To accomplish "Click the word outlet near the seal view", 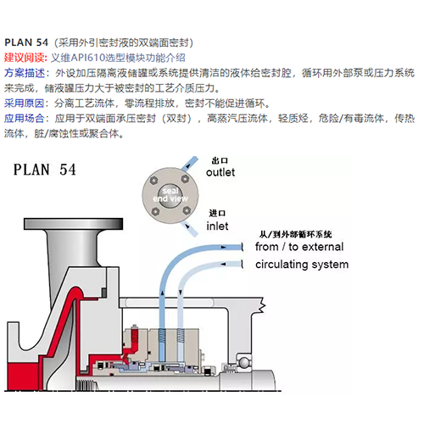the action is [220, 172].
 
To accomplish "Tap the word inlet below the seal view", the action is [217, 226].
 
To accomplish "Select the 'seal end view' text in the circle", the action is [170, 195].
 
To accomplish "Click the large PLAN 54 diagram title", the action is [45, 170].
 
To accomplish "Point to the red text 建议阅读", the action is [25, 58].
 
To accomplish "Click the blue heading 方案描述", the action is [25, 73].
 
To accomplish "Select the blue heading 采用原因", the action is [24, 103].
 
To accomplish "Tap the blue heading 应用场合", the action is [24, 118].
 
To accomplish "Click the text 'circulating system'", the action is [302, 265].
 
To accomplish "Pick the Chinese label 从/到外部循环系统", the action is [295, 234].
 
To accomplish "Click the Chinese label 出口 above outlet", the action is [220, 161].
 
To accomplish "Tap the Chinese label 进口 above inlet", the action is [217, 213].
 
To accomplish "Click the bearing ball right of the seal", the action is [243, 362].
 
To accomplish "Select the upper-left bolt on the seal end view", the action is [153, 181].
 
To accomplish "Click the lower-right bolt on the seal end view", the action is [187, 210].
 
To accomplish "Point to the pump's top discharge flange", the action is [74, 224].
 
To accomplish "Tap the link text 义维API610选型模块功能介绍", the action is [118, 58].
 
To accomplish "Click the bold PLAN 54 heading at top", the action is [26, 42].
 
